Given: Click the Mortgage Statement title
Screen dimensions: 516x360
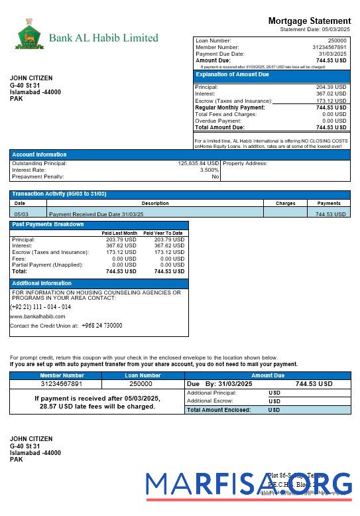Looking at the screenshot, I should [x=309, y=21].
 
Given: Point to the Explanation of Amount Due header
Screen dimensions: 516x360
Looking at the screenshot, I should [x=232, y=75].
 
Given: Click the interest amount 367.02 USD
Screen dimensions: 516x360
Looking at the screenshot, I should [x=331, y=94].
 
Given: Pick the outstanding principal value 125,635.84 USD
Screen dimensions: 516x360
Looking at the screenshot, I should [x=198, y=163].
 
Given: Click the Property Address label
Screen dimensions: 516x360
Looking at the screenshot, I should [x=245, y=163].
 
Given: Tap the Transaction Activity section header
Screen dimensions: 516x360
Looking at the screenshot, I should [x=59, y=194].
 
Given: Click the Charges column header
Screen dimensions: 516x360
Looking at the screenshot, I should [x=285, y=204].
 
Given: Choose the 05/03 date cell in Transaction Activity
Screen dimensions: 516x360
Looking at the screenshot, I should [x=21, y=214].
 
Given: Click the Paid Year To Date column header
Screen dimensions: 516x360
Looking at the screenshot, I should [x=162, y=233].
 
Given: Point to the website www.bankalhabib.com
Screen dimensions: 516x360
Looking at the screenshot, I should [x=37, y=317].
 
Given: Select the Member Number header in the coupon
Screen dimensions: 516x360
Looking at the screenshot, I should [x=62, y=375].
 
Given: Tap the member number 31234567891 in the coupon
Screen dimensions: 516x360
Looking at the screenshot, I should [x=62, y=384].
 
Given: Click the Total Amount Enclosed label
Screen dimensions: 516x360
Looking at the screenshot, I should [x=219, y=410].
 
